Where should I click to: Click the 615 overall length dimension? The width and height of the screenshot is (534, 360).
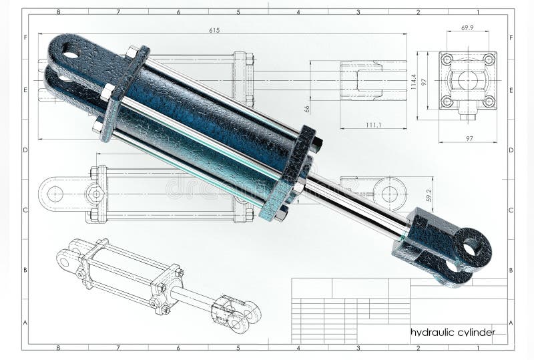[214, 30]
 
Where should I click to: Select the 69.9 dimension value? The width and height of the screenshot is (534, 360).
[467, 28]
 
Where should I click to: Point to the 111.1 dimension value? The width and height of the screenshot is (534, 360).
[374, 124]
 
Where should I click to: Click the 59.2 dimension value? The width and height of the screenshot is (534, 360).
[429, 195]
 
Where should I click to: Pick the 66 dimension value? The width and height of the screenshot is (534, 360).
[308, 109]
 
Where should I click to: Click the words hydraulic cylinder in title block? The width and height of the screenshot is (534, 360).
[452, 332]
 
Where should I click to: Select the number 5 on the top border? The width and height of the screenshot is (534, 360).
[238, 12]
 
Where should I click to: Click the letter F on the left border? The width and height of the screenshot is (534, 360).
[25, 37]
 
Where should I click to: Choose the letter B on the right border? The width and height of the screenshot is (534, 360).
[511, 270]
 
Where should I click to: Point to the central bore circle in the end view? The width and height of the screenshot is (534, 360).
[467, 80]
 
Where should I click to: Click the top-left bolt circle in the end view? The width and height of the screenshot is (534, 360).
[447, 59]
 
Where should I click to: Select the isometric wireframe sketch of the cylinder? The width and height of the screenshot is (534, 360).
[157, 284]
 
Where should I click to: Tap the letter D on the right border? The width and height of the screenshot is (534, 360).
[511, 150]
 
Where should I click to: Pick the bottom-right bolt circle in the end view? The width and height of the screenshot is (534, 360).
[489, 101]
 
